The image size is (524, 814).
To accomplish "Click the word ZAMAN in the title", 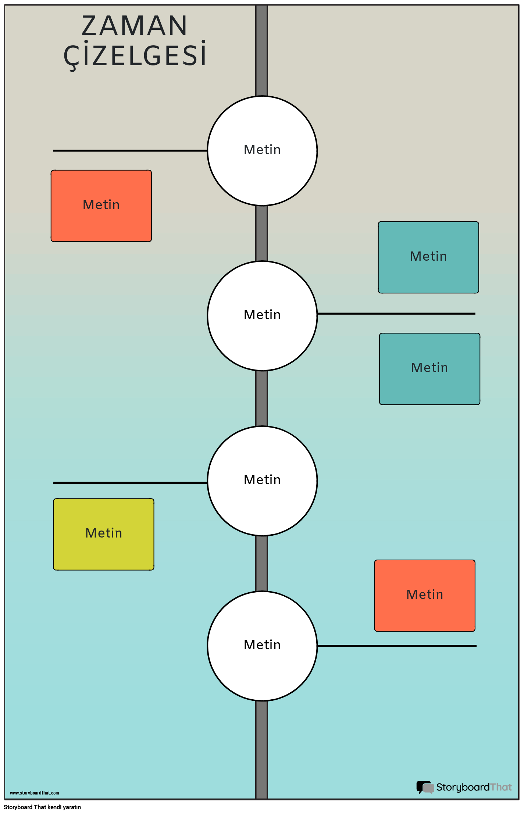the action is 135,26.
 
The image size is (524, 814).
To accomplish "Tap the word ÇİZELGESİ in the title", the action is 135,55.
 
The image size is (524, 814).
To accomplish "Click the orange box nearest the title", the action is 101,206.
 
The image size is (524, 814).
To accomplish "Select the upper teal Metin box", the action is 428,257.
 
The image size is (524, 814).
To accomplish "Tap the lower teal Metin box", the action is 429,369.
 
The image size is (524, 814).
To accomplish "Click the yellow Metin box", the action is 104,534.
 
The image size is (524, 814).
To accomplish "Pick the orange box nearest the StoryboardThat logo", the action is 425,596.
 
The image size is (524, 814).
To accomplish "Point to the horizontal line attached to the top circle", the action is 130,151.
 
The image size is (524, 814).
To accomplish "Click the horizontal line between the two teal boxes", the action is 396,314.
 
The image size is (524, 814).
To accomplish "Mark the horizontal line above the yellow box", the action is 130,483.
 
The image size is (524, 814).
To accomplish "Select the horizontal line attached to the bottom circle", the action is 397,646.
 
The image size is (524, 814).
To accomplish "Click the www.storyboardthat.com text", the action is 34,793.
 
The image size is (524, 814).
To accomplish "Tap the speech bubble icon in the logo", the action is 425,788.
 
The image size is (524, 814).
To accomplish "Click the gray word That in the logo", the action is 501,787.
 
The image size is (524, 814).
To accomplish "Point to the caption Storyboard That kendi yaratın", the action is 42,807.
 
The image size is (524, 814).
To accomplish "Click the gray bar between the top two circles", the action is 261,233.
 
